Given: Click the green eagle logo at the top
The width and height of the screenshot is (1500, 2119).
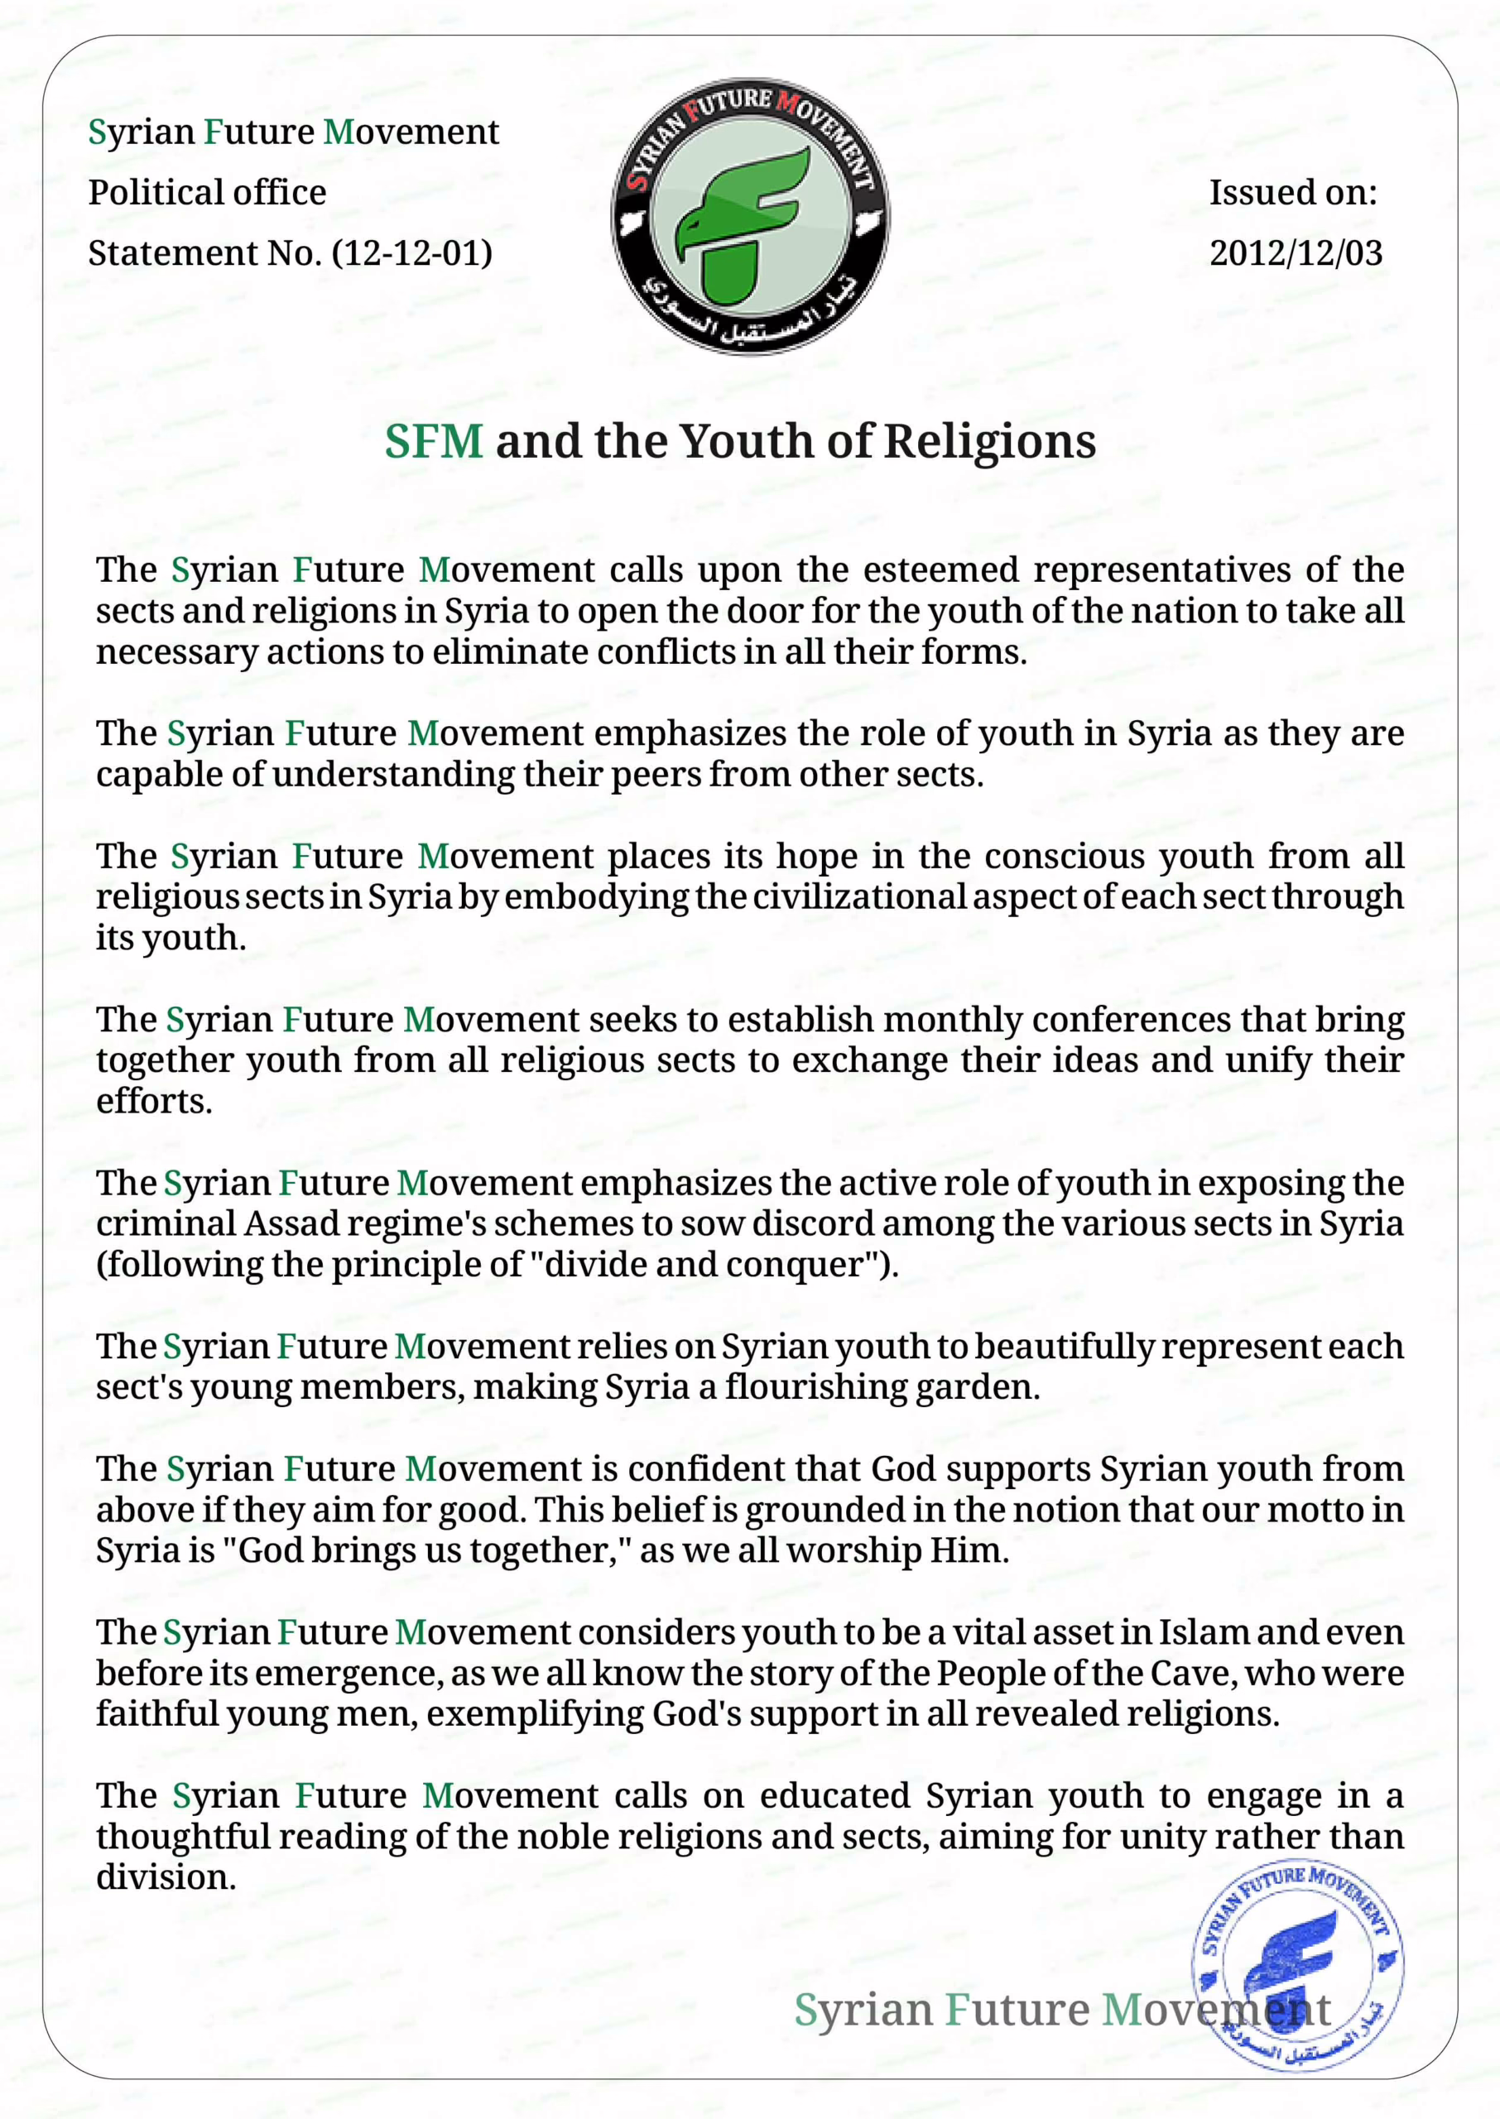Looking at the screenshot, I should click(x=750, y=216).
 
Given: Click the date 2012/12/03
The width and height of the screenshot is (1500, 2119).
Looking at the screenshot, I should click(x=1296, y=253).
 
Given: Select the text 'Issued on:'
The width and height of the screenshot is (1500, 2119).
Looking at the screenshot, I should click(x=1293, y=192).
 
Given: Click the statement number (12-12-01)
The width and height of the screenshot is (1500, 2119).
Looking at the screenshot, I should click(x=412, y=253).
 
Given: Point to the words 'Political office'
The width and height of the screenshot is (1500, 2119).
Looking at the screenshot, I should click(x=207, y=192).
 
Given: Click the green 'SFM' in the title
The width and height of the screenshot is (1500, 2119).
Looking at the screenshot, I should click(x=433, y=441).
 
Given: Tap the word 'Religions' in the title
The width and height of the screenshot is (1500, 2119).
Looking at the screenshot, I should click(x=990, y=441).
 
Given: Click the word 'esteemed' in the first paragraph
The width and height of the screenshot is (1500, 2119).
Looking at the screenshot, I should click(x=941, y=569).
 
